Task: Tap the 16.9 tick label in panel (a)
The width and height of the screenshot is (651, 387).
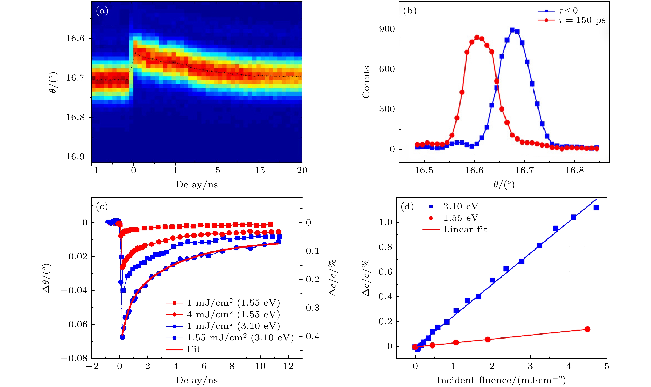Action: pos(75,157)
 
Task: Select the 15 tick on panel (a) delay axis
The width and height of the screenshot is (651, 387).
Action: pos(260,171)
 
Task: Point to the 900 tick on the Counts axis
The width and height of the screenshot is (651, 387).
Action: pos(387,29)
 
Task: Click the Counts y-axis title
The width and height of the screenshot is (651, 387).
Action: pos(366,82)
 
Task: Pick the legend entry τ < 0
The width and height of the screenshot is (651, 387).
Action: pos(568,11)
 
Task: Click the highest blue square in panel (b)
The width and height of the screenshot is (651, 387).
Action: pos(512,30)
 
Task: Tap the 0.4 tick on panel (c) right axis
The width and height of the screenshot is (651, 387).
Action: pos(312,336)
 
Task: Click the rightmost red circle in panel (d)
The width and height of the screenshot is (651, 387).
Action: pos(587,329)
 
